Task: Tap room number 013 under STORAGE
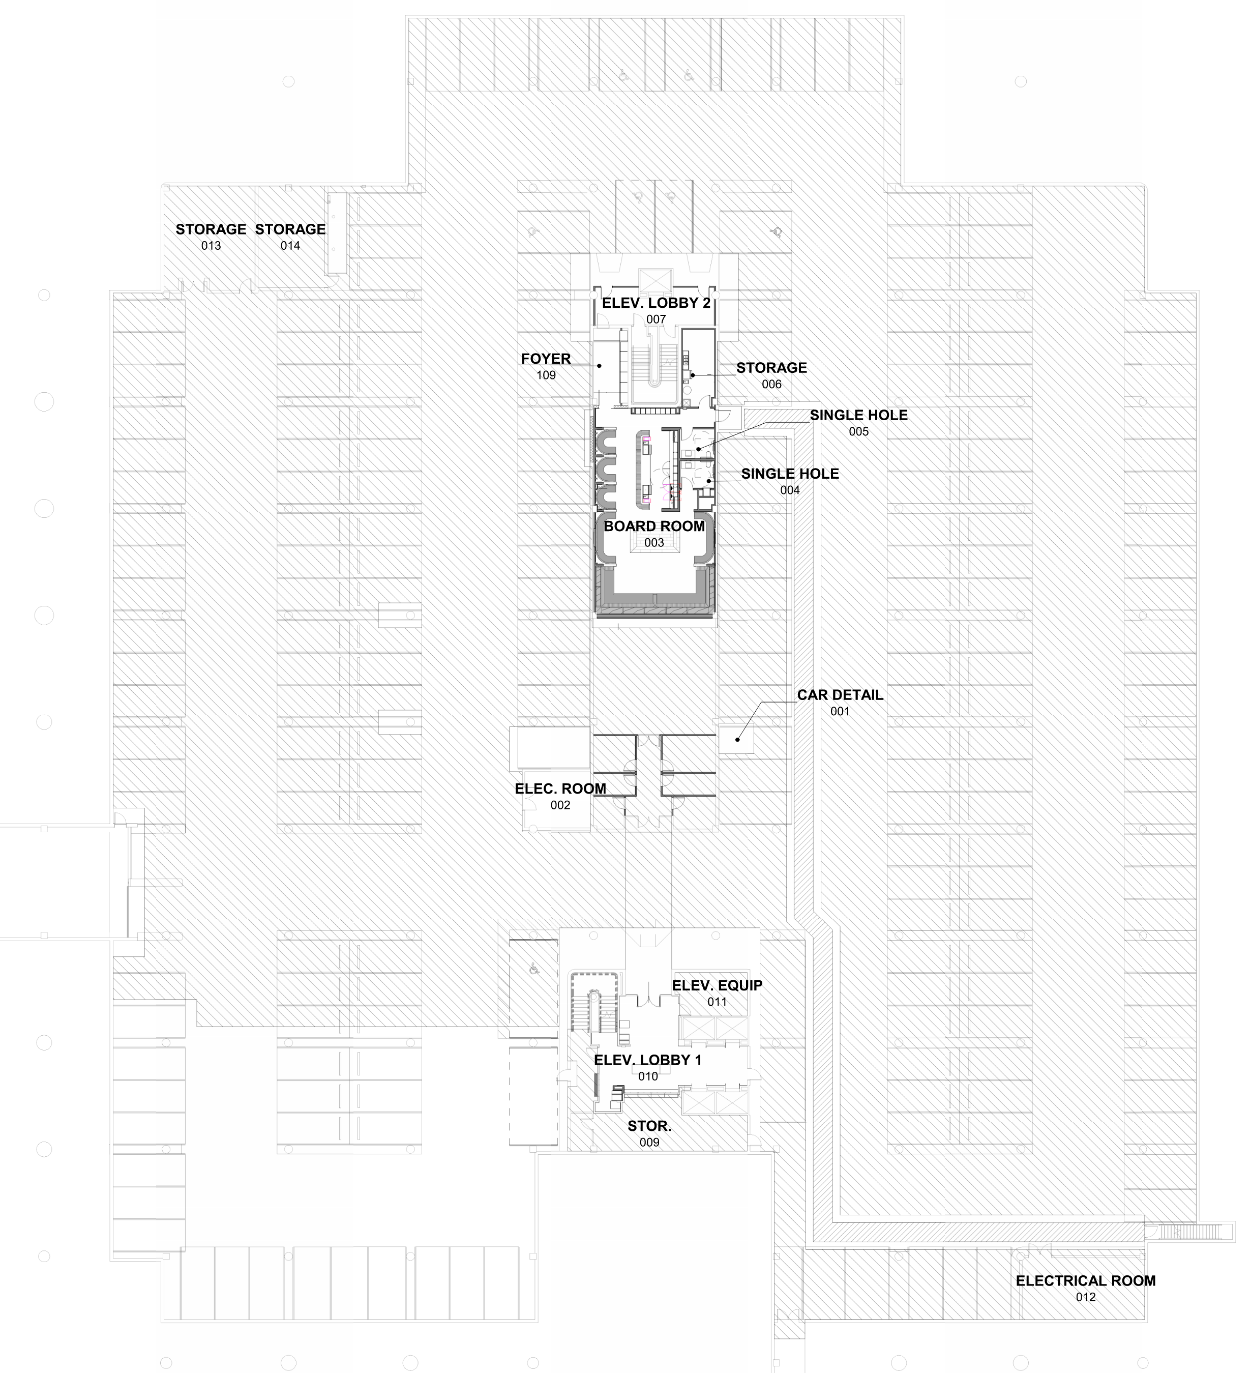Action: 211,246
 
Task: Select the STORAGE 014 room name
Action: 290,229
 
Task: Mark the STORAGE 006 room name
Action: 771,368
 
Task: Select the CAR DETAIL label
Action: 840,695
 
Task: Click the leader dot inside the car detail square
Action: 737,740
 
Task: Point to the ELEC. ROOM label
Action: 560,788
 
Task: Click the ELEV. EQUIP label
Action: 717,985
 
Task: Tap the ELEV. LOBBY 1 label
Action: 647,1060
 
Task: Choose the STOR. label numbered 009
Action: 649,1126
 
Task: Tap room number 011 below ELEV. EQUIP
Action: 717,1002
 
